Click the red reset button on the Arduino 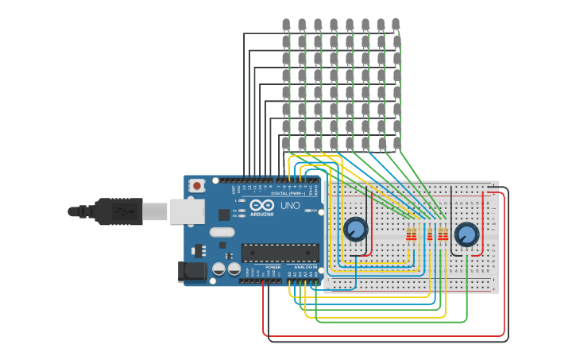pos(196,186)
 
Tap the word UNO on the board pos(290,206)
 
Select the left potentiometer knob pos(355,230)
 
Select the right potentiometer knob pos(466,234)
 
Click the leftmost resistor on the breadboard pos(409,235)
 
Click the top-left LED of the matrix pos(286,25)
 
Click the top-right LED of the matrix pos(396,25)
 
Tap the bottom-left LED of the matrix pos(286,143)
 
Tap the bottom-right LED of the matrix pos(396,143)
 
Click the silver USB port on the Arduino pos(187,211)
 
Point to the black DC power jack pos(193,272)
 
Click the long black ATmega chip pos(280,253)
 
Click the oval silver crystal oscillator pos(222,233)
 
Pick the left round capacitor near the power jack pos(218,269)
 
